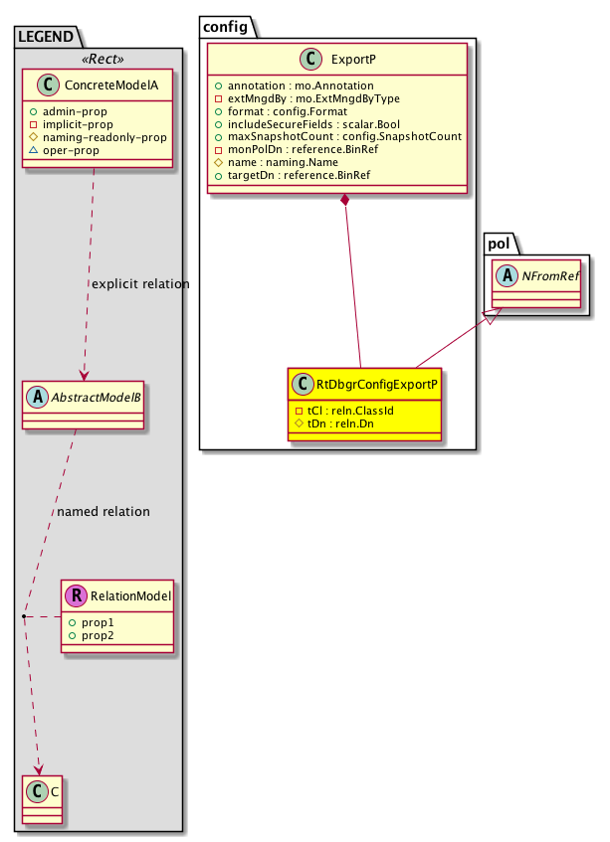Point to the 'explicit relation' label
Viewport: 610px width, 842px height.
(x=139, y=284)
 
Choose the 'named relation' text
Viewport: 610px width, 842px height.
(x=103, y=512)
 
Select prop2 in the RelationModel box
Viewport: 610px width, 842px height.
(x=99, y=634)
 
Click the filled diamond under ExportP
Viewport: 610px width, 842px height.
(x=344, y=202)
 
